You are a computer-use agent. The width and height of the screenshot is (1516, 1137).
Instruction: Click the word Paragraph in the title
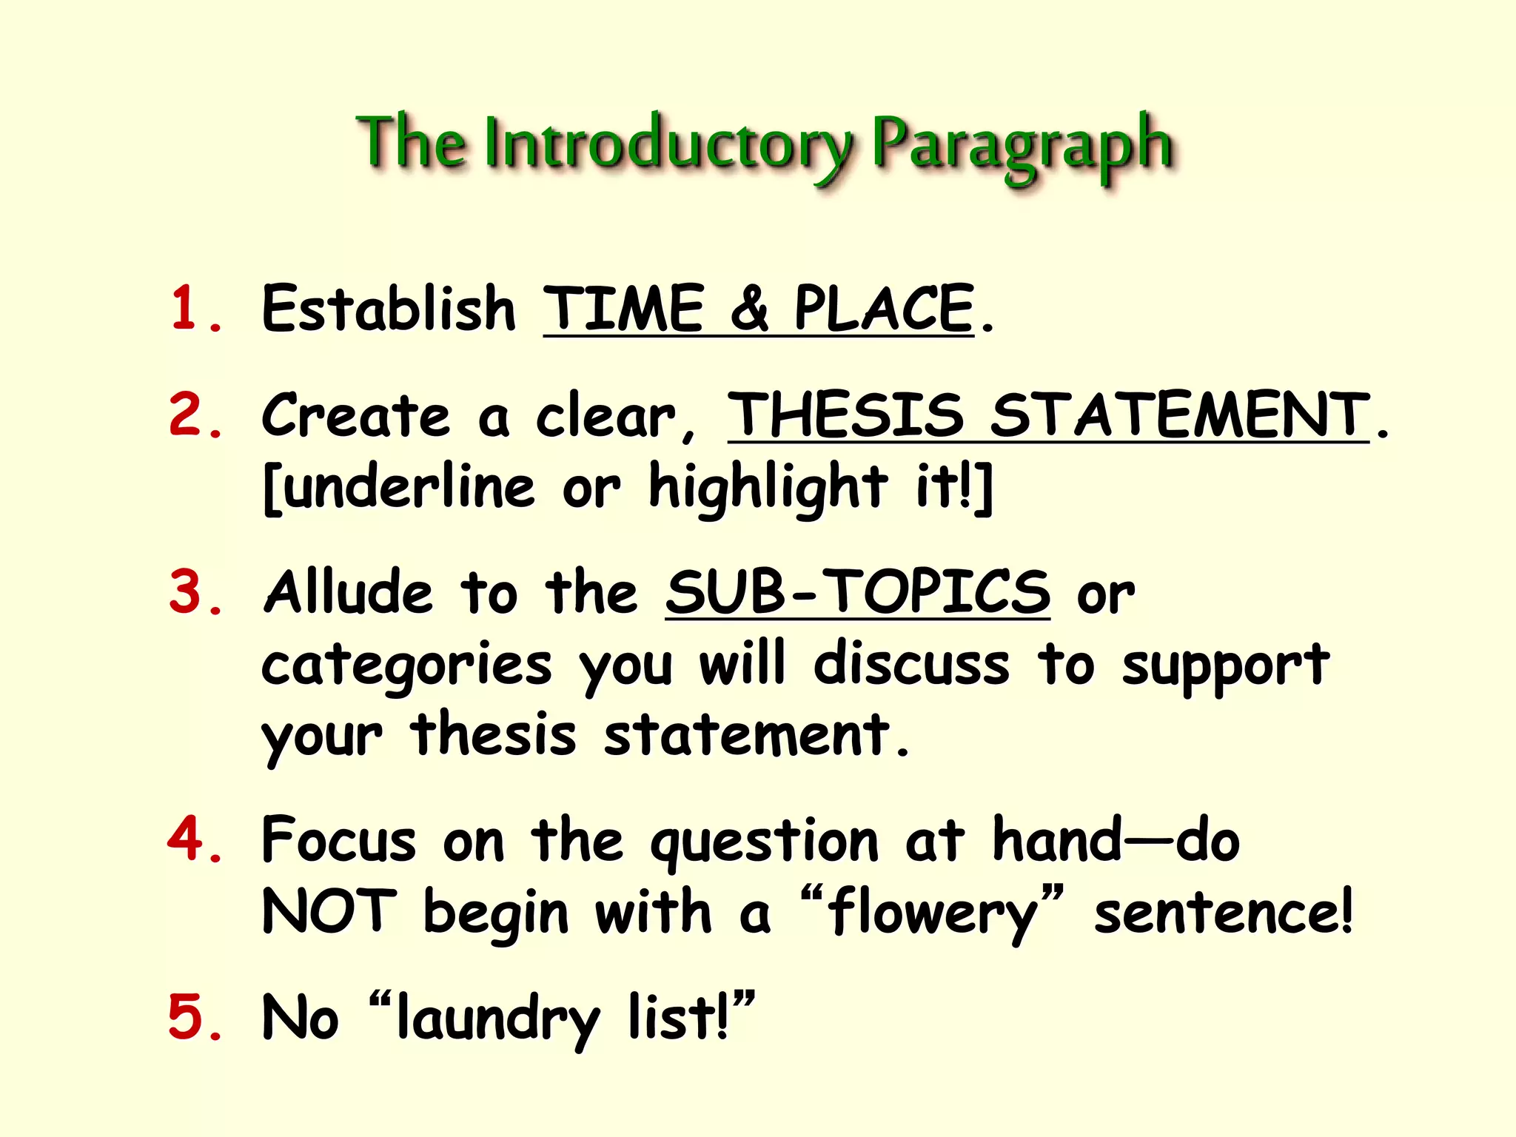click(x=1022, y=144)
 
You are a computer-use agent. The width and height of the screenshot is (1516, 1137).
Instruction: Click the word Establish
click(x=389, y=308)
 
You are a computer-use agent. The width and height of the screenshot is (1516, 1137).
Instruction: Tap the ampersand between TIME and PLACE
click(x=749, y=308)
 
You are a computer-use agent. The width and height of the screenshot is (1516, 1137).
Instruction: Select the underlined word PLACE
click(x=884, y=308)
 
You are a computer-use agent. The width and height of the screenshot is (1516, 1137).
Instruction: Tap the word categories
click(x=406, y=665)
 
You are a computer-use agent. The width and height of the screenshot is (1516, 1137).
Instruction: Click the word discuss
click(x=911, y=663)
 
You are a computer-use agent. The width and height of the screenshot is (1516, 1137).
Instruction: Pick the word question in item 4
click(x=764, y=842)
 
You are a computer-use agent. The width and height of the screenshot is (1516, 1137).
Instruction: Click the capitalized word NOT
click(x=329, y=912)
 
